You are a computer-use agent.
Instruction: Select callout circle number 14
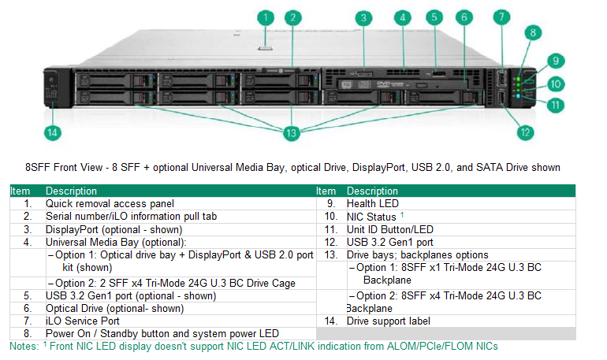(x=52, y=132)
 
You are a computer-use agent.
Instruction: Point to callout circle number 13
(x=292, y=133)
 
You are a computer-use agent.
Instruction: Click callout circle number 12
(x=525, y=132)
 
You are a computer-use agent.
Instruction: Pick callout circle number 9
(x=555, y=60)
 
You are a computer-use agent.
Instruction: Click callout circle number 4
(x=403, y=17)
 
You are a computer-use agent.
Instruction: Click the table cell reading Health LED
(x=372, y=203)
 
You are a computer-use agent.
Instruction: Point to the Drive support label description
(x=390, y=321)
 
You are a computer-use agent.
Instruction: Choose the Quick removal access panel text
(x=99, y=203)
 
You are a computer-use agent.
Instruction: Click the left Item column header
(x=20, y=191)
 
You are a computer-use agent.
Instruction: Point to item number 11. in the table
(x=330, y=229)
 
